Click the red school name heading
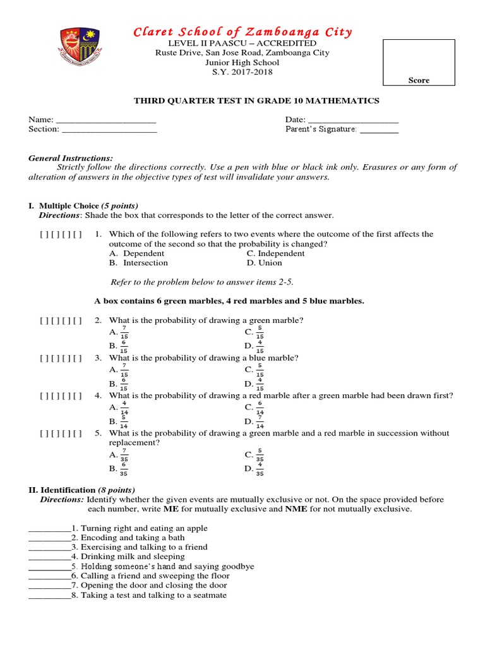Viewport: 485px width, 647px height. [x=242, y=32]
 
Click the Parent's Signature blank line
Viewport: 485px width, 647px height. [x=379, y=130]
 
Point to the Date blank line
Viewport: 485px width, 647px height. [x=353, y=121]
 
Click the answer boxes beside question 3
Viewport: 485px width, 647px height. [x=61, y=358]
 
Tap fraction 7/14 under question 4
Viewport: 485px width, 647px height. [x=260, y=423]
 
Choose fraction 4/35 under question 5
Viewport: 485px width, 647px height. [x=260, y=469]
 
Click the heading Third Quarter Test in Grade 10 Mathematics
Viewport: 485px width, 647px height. [x=256, y=101]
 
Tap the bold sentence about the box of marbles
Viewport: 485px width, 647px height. [x=229, y=301]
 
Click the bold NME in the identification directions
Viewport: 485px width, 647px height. [x=296, y=509]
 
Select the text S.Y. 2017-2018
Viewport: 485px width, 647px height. [x=242, y=72]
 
